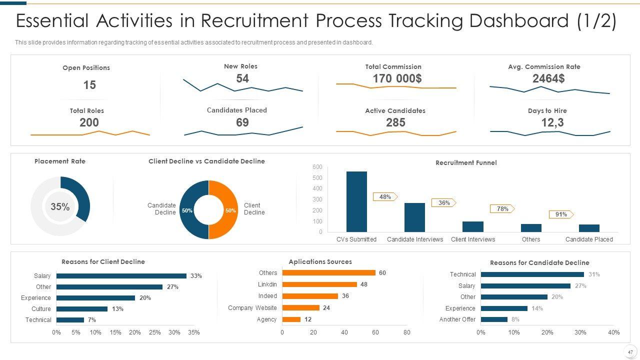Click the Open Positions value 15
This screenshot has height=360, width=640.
(x=89, y=85)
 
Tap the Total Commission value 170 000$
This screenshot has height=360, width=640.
(x=397, y=78)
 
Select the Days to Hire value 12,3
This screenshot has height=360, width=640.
(x=552, y=122)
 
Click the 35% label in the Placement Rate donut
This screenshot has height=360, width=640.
(x=60, y=206)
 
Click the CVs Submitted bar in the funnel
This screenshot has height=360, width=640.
(x=356, y=201)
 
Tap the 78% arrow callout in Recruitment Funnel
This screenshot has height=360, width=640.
(x=502, y=209)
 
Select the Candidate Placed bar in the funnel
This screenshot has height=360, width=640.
(x=589, y=228)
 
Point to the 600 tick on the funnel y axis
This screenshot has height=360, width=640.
(x=317, y=167)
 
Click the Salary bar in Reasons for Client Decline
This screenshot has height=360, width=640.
(x=121, y=276)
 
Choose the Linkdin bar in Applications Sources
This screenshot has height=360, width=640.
(x=319, y=284)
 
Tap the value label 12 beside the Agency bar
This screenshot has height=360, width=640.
(x=308, y=319)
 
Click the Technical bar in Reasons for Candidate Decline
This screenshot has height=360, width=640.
(x=532, y=274)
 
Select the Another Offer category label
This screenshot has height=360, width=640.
(x=457, y=319)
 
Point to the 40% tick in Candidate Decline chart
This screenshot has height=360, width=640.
(x=613, y=332)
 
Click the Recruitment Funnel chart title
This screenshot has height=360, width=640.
(x=466, y=162)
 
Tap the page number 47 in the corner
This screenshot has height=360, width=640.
(x=630, y=352)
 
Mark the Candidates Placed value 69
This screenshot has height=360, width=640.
(x=242, y=122)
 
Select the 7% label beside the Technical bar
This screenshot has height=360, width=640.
(x=91, y=320)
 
